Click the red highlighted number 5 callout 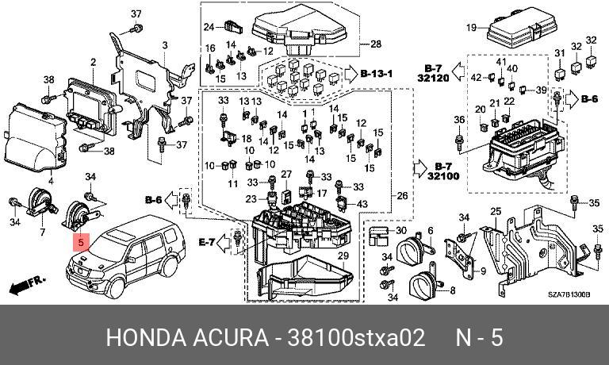tap(81, 243)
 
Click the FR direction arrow tap(27, 286)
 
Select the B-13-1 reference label tap(377, 74)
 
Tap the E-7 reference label tap(207, 243)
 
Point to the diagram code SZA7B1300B tap(569, 294)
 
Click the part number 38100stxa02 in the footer tap(356, 337)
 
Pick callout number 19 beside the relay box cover tap(471, 28)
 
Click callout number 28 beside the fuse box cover tap(376, 44)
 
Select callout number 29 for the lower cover tap(343, 255)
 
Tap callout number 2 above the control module tap(94, 62)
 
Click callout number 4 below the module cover tap(51, 181)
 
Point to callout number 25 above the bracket tap(496, 212)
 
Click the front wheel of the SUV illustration tap(115, 288)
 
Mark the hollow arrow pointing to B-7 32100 tap(419, 169)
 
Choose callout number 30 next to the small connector tap(401, 231)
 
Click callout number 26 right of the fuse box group tap(402, 195)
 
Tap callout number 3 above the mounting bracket tap(165, 45)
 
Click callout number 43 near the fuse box tap(362, 204)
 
